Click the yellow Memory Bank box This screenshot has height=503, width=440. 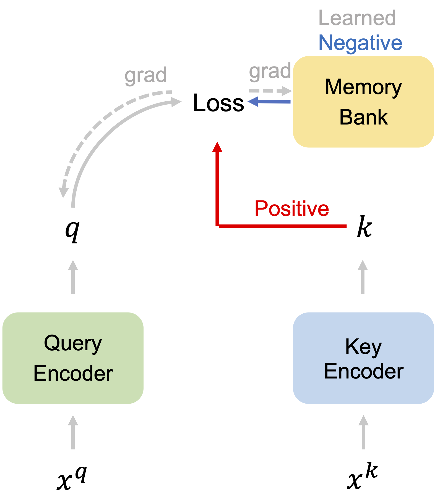click(363, 102)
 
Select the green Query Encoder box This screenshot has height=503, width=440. click(73, 358)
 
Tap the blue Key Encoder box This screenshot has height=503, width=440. click(363, 358)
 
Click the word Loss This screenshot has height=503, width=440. click(218, 103)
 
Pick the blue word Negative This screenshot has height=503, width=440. click(360, 43)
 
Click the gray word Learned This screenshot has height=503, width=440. click(357, 18)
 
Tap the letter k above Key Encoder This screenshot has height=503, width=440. click(364, 227)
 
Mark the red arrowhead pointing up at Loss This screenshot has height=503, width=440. click(217, 147)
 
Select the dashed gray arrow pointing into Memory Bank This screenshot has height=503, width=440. click(270, 91)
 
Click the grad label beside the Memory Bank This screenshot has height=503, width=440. click(270, 71)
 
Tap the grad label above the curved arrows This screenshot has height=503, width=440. click(145, 75)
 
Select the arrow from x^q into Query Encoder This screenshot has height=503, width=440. click(73, 432)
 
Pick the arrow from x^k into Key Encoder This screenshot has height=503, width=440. click(363, 432)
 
